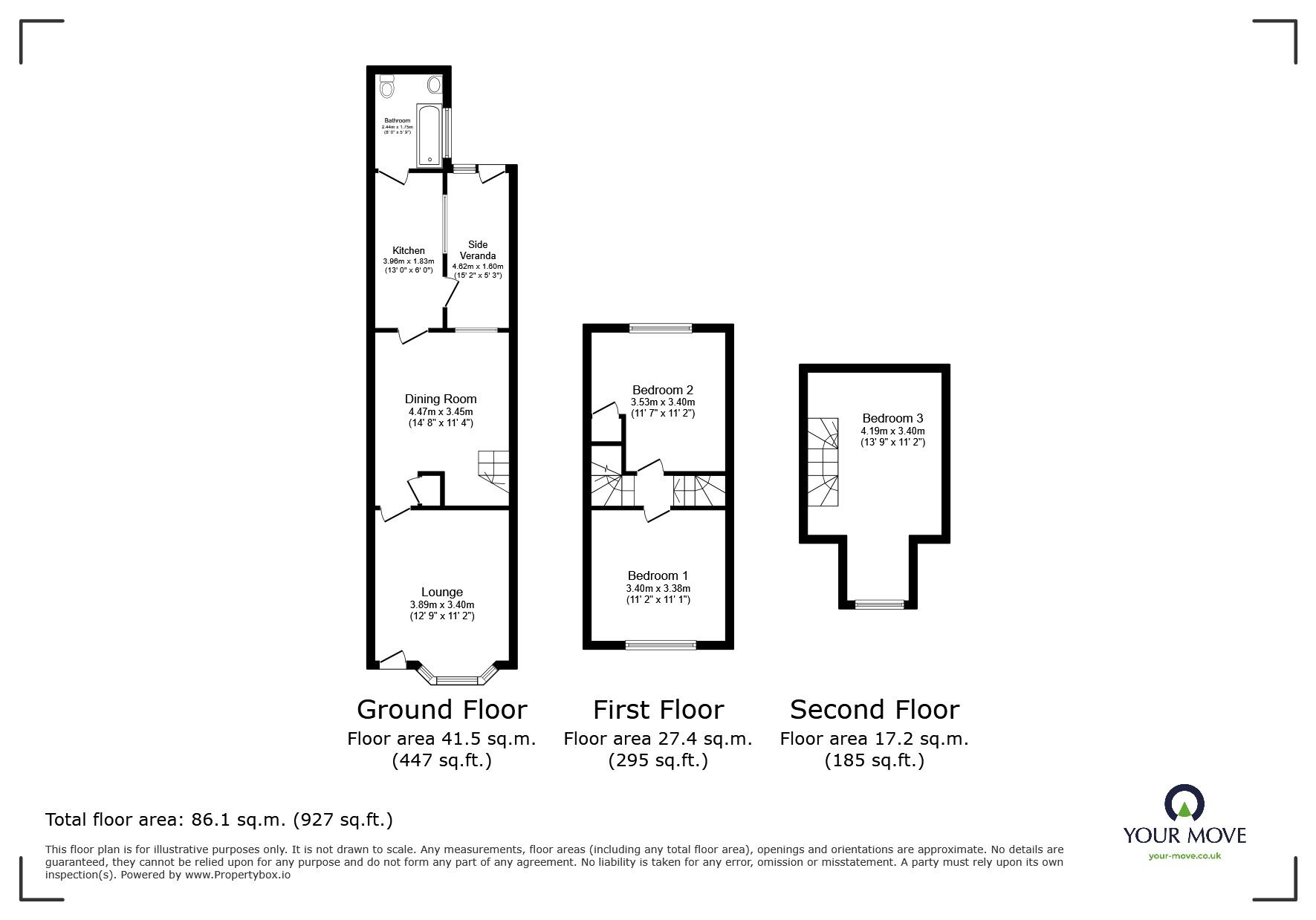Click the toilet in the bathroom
[386, 88]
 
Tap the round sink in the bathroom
[434, 85]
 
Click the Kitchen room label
[409, 251]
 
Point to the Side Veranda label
[478, 250]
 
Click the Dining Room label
[441, 399]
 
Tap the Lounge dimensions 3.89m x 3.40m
[442, 604]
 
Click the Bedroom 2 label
[663, 390]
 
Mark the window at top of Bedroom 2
[661, 327]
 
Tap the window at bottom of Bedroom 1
[661, 645]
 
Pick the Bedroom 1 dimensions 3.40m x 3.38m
[658, 588]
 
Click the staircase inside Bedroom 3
[823, 461]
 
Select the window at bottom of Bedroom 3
[879, 604]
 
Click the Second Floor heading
[874, 710]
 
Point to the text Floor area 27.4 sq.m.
[658, 739]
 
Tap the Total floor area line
[219, 820]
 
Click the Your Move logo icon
[1184, 803]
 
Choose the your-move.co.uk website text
[1184, 856]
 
